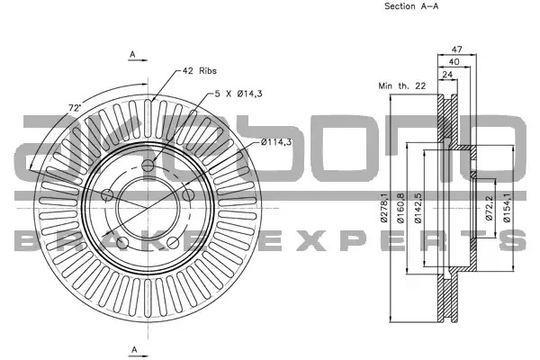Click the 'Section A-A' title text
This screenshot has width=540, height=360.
click(411, 6)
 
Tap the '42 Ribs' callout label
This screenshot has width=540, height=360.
click(200, 71)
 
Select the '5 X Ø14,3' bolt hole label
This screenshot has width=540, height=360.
click(238, 94)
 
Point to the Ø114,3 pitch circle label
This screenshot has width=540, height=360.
click(276, 141)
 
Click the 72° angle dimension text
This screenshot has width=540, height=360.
click(75, 107)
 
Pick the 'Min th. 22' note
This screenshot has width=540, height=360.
click(402, 85)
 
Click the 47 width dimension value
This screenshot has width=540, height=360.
click(456, 49)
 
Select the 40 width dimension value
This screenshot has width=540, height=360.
click(454, 62)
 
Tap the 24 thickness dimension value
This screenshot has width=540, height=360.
click(447, 75)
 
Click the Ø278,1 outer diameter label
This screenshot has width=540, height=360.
click(383, 208)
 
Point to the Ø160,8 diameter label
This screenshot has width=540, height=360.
click(400, 208)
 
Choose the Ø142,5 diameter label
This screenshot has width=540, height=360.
click(418, 208)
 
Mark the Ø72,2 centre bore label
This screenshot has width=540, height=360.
click(490, 208)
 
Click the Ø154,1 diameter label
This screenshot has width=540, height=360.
click(507, 208)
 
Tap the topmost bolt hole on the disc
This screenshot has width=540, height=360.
click(148, 166)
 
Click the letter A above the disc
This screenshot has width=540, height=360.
click(132, 54)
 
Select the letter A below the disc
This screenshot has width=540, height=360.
click(134, 349)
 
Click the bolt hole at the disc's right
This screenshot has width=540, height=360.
click(188, 195)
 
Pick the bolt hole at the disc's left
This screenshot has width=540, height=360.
click(107, 195)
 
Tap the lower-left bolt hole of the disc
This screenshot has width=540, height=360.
click(122, 243)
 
